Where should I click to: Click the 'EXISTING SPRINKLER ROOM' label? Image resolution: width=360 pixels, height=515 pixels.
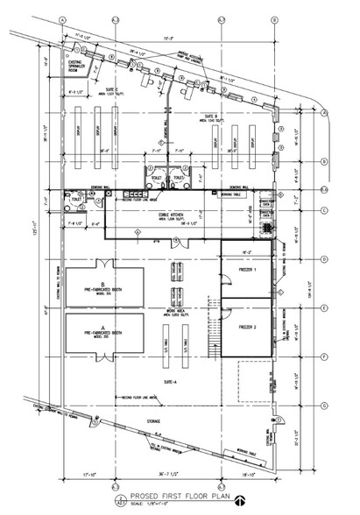point(78,67)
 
